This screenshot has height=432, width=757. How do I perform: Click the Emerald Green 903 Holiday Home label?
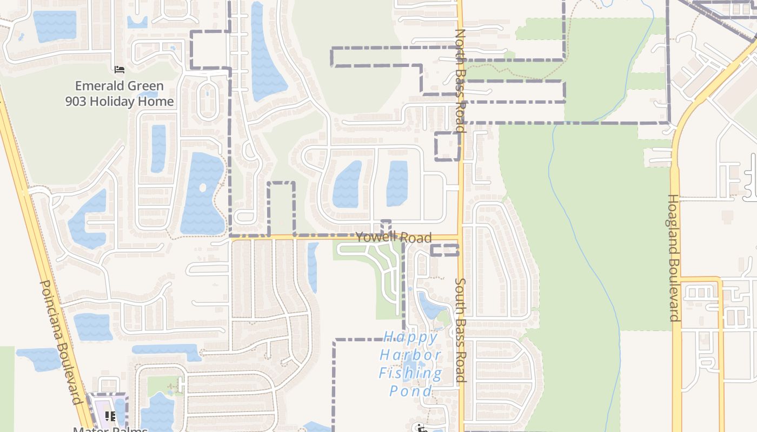click(x=119, y=93)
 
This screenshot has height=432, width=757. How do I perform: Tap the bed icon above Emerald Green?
click(x=119, y=70)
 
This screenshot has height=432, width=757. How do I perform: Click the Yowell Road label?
click(x=393, y=238)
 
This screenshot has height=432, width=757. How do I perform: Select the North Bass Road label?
click(x=460, y=81)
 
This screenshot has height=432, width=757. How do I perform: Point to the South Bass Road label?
click(x=460, y=330)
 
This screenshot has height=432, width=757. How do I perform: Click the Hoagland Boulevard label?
click(x=673, y=258)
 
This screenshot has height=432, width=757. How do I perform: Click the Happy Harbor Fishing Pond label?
click(x=411, y=364)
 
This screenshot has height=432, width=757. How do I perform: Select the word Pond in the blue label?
click(x=411, y=391)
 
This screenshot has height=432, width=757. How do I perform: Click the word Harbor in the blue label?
click(x=411, y=355)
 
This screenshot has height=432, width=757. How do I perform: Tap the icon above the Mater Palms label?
click(x=110, y=416)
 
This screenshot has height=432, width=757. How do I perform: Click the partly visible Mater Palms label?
click(x=110, y=429)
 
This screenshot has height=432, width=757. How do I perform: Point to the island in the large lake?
click(x=203, y=188)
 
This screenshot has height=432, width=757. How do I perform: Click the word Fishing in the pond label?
click(x=411, y=373)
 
